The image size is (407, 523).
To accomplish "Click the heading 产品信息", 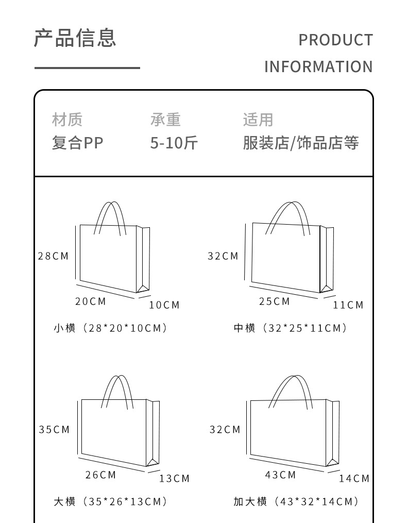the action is (x=75, y=38).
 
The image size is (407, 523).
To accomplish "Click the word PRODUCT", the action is (x=335, y=40).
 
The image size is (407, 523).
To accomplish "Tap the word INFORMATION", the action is (x=318, y=67).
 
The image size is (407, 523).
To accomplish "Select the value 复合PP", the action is (x=77, y=143).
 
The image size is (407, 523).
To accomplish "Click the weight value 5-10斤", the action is (x=174, y=143).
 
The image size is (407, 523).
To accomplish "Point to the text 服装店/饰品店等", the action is (x=300, y=143).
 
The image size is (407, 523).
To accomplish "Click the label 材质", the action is (x=67, y=120).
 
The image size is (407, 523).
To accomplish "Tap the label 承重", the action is (x=165, y=120).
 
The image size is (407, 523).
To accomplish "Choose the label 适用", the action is (x=258, y=120).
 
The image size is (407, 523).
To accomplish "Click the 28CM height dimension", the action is (x=53, y=256).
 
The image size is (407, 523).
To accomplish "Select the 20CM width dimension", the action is (x=91, y=301).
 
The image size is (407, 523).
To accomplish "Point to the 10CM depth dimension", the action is (x=164, y=305).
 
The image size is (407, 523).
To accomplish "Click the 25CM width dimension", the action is (x=275, y=301).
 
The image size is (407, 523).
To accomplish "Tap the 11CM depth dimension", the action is (x=348, y=305).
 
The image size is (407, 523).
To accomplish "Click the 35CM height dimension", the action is (x=54, y=430).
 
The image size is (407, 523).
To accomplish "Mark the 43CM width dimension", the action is (x=281, y=475).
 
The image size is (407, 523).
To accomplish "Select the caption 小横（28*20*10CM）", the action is (x=111, y=328).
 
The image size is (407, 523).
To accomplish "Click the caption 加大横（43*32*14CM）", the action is (x=296, y=502).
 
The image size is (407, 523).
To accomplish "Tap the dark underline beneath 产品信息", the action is (x=87, y=68).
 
